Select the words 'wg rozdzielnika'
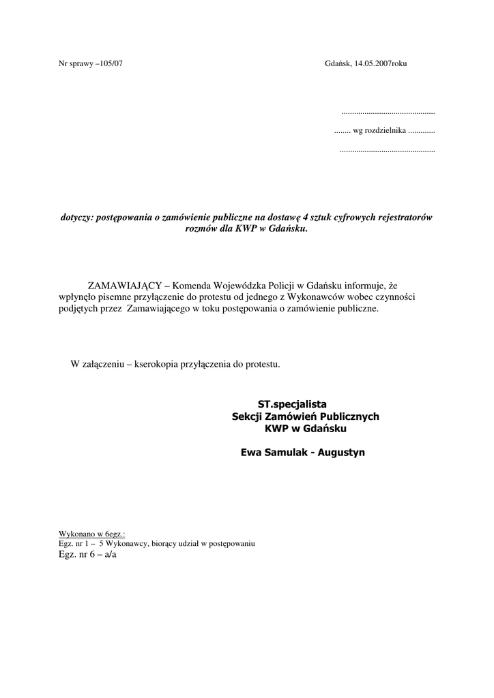coord(379,130)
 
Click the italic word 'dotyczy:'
coord(77,217)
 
